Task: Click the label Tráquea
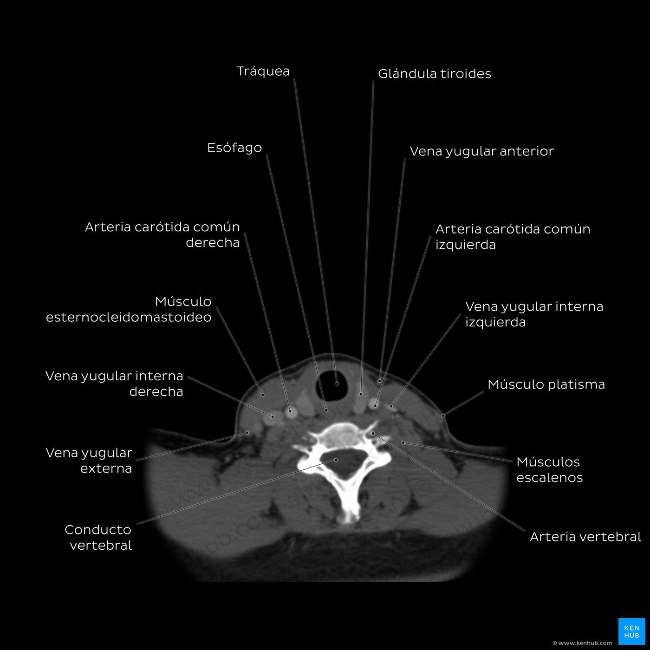pos(263,71)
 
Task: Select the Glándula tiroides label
pos(434,73)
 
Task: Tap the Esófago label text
pos(234,148)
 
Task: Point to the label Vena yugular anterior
pos(481,151)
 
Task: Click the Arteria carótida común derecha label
pos(162,234)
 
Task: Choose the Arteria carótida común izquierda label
pos(513,236)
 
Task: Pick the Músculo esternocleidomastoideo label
pos(129,309)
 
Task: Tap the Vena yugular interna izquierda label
pos(534,314)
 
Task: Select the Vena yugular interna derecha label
pos(114,383)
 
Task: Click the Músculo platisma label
pos(546,384)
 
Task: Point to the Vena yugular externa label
pos(89,461)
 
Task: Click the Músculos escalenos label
pos(549,469)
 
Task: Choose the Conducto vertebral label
pos(98,537)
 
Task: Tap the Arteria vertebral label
pos(585,537)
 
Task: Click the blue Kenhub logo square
pos(632,631)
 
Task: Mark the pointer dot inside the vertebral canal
pos(336,460)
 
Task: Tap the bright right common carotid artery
pos(291,412)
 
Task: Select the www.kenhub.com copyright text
pos(582,643)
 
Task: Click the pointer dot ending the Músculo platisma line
pos(443,416)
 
